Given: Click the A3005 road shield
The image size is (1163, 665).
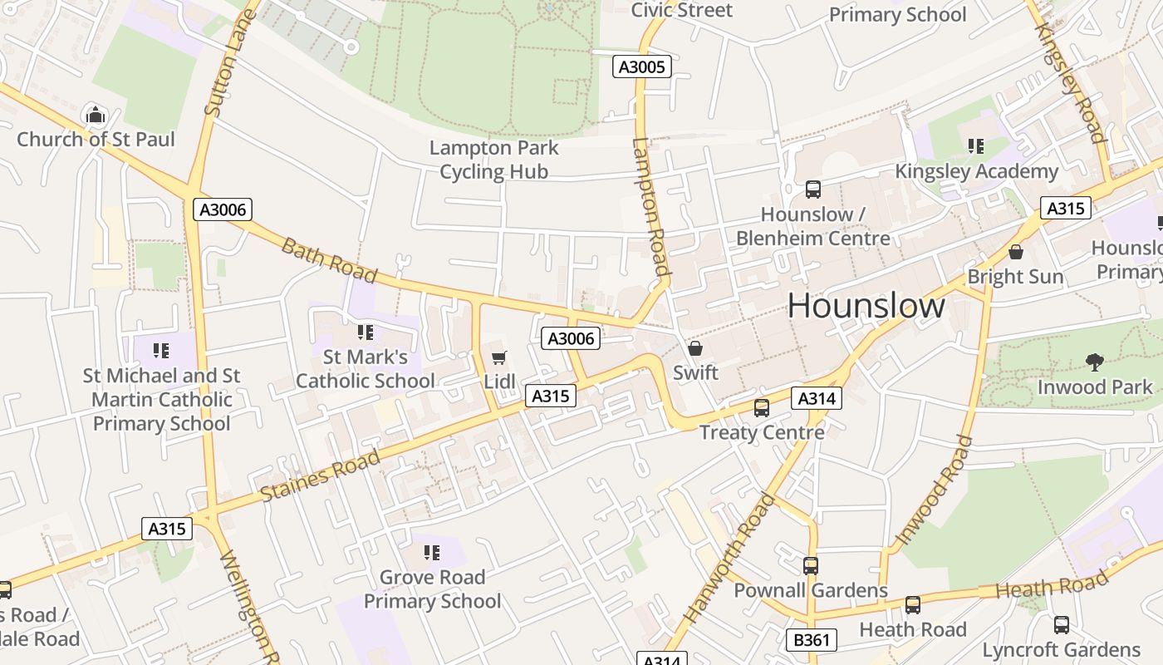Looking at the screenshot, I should point(641,66).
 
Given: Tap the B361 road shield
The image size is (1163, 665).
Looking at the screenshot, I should point(811,639).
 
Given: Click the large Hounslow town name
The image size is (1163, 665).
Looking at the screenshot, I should point(866,306).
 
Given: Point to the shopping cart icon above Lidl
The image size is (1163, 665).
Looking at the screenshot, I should point(498,357).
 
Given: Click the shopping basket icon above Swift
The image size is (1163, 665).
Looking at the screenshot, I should point(695,348).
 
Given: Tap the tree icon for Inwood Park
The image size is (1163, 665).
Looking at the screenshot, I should point(1095,362).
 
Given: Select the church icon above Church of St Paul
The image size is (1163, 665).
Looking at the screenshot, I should point(96,114).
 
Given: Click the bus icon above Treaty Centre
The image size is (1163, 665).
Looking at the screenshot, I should point(761,407).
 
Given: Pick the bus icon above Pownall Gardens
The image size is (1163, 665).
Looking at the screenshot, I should point(810,565).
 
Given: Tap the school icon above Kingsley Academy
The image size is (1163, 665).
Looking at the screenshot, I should point(976,146).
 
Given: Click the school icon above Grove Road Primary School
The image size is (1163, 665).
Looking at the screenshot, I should point(431,552).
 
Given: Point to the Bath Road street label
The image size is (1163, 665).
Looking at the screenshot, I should point(329,259).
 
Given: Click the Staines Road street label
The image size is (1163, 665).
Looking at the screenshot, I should point(320,475).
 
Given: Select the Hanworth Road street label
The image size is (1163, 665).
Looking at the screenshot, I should point(729,559).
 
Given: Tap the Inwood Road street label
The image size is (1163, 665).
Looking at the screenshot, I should point(935,490).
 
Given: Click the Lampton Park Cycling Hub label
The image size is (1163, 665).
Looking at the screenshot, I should point(494,160).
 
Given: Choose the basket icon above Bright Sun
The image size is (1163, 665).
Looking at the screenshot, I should point(1015,252).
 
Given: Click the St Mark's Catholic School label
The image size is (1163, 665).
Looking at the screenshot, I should point(366,369).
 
